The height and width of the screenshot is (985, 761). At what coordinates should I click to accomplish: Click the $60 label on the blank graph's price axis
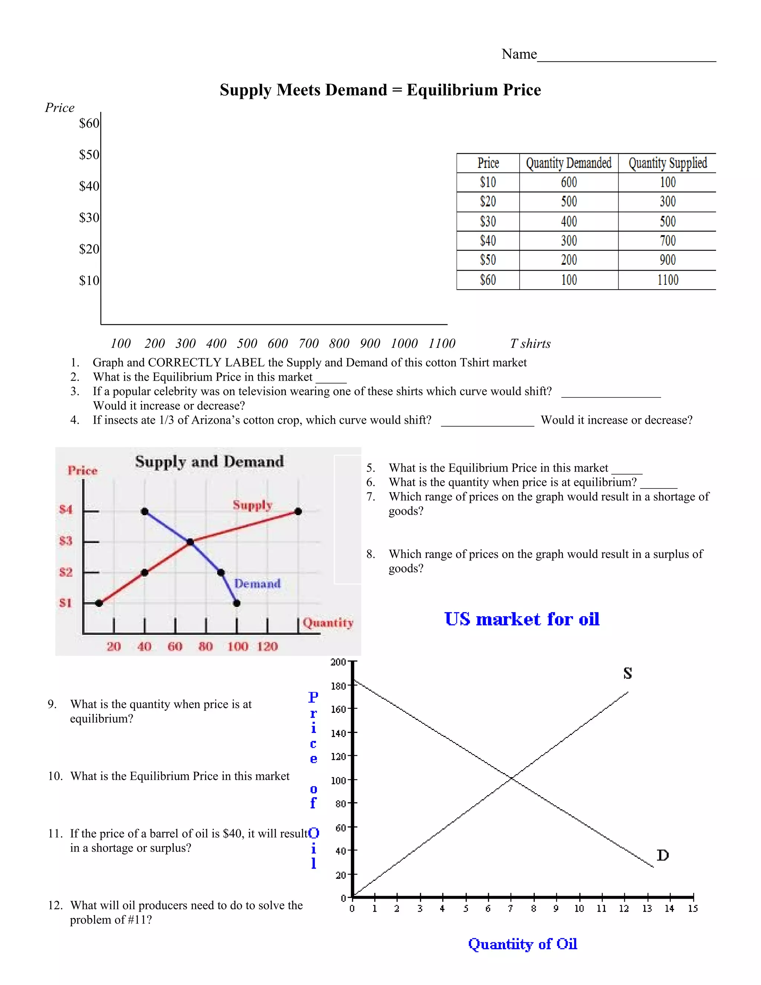tap(89, 123)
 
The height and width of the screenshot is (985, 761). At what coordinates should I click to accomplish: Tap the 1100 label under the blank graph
tap(441, 344)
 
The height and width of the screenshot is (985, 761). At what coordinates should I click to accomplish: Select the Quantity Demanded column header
tap(569, 163)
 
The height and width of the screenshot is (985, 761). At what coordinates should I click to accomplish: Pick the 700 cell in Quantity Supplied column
tap(667, 241)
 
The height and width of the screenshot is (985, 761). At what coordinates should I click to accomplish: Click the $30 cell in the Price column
tap(488, 222)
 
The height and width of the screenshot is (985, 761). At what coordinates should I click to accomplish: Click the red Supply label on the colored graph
tap(252, 505)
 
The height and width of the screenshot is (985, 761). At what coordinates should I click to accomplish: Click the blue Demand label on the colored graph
tap(258, 584)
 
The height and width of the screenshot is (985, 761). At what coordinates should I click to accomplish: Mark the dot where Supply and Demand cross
tap(190, 542)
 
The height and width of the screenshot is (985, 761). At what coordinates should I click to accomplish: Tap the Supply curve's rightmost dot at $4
tap(298, 511)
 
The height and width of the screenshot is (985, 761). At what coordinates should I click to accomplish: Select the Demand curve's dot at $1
tap(237, 603)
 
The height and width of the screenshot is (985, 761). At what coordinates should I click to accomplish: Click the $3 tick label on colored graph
tap(66, 541)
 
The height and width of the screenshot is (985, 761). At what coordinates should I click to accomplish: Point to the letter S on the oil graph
tap(628, 674)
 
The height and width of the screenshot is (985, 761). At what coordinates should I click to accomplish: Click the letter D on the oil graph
tap(662, 855)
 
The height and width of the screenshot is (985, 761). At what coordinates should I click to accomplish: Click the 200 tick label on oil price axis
tap(338, 662)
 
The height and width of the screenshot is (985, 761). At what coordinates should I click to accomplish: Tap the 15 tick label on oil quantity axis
tap(693, 909)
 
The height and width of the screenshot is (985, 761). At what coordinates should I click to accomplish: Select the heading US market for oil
tap(522, 619)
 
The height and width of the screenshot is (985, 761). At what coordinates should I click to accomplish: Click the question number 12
tap(55, 905)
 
